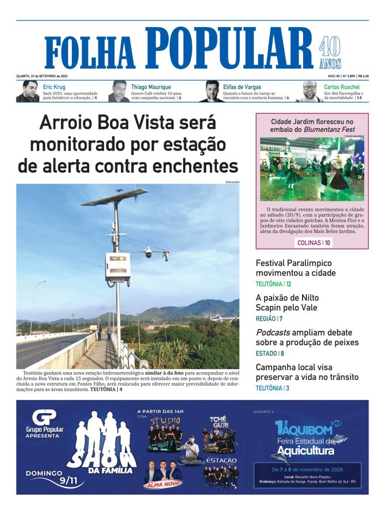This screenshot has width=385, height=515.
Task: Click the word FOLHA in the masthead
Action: tap(90, 54)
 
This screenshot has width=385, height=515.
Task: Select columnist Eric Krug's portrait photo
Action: tap(28, 91)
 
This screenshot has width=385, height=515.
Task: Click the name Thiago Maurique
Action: tap(151, 87)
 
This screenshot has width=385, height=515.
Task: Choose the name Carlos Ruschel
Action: tap(341, 87)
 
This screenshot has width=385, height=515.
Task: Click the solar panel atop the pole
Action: tap(115, 197)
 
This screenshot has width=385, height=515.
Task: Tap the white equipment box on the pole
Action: tap(117, 267)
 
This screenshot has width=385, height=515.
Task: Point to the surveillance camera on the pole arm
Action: tap(148, 252)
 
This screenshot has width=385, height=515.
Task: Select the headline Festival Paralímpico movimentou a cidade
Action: tap(295, 268)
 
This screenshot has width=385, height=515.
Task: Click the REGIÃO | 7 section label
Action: tap(269, 319)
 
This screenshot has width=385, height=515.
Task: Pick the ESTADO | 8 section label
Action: tap(269, 353)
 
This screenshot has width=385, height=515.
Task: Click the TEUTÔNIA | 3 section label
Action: tap(272, 388)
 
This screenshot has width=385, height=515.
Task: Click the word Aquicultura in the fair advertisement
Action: tap(306, 451)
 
